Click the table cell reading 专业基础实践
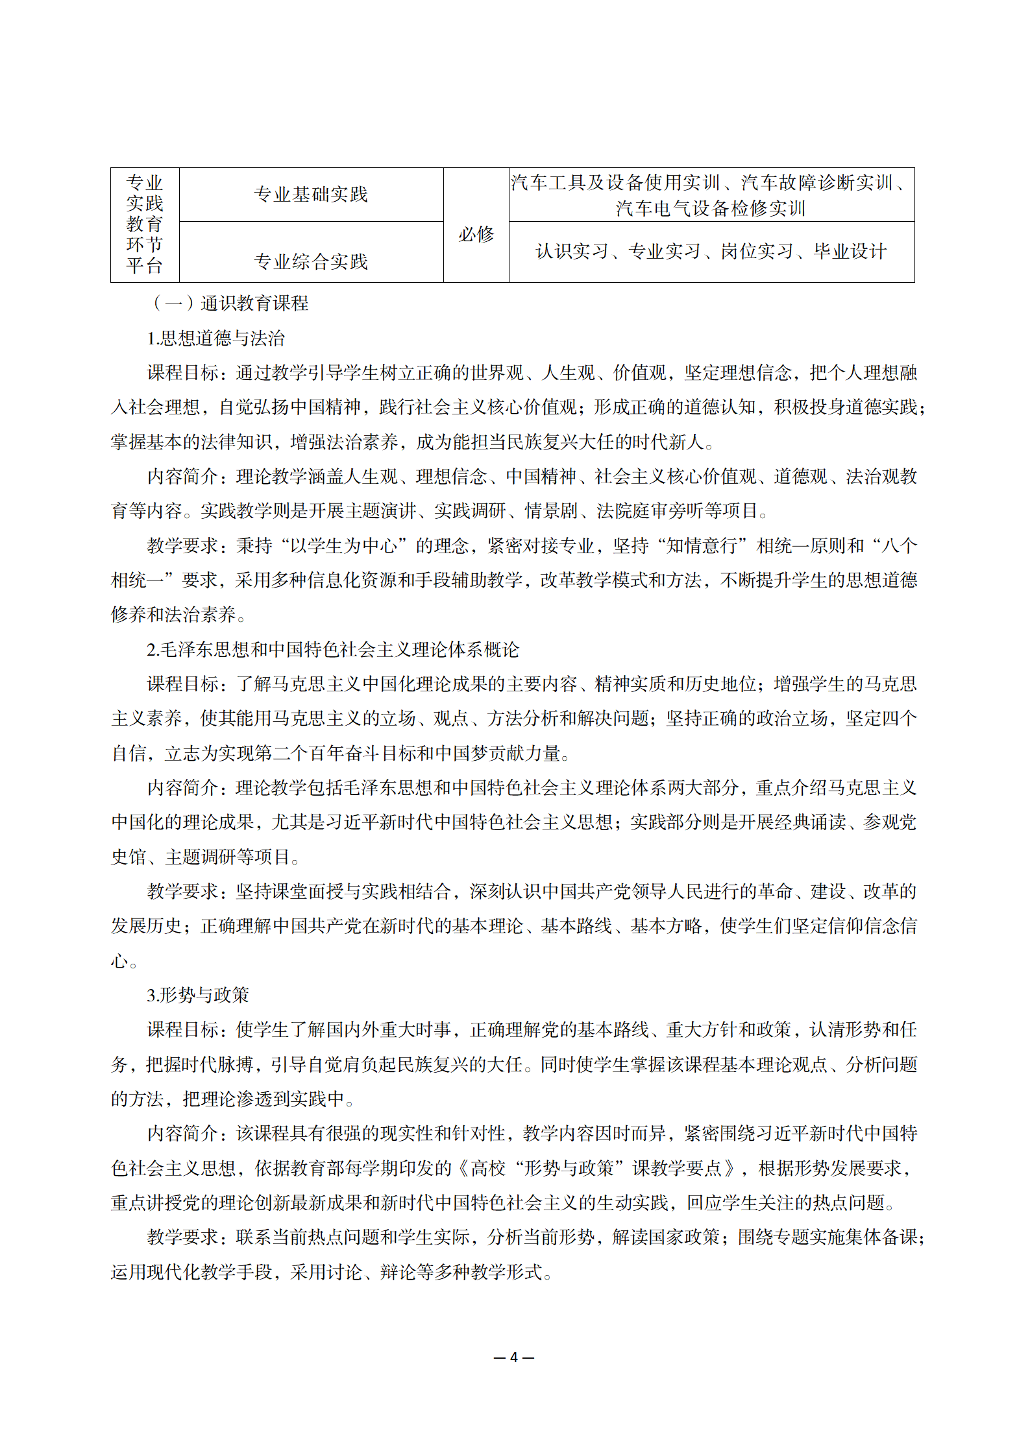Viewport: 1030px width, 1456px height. [311, 195]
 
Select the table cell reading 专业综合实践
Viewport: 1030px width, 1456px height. [311, 261]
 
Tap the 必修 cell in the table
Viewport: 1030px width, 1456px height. [476, 234]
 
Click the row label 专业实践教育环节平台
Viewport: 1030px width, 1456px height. [145, 224]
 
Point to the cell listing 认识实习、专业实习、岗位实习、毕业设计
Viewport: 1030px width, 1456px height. [711, 252]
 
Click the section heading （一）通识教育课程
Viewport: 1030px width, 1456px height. [230, 304]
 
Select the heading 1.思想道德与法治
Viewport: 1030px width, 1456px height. [215, 339]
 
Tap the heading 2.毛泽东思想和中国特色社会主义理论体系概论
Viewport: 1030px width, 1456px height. [333, 650]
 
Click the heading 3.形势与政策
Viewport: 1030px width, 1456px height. [198, 995]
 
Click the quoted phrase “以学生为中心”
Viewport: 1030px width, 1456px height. [344, 546]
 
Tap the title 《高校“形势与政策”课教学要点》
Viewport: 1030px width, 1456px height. [597, 1168]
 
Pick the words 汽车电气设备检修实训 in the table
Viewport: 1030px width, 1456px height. [711, 209]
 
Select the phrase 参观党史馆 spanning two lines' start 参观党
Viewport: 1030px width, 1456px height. [889, 822]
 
